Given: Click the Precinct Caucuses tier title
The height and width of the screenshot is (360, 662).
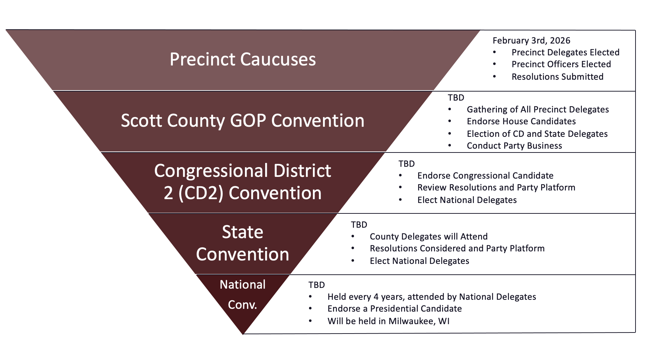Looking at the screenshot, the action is point(243,59).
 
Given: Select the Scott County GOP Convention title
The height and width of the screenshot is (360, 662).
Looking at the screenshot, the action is point(243,120).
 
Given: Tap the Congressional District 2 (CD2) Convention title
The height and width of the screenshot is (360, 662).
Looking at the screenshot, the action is point(243,182).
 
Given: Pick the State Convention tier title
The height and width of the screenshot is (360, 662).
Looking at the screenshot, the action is point(243,243).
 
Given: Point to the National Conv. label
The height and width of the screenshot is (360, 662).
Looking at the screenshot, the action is point(243,295).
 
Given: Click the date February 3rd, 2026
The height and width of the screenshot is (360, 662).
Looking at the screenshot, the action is point(531,41).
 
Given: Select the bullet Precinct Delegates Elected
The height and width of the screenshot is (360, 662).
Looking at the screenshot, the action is point(565,52).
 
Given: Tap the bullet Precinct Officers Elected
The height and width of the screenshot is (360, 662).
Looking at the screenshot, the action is point(561,64).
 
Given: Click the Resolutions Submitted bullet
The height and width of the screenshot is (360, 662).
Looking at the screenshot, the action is point(557,77).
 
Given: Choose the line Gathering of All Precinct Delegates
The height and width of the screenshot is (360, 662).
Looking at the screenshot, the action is point(538,109).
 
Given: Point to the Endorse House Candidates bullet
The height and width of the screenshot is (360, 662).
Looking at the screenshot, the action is point(521,121).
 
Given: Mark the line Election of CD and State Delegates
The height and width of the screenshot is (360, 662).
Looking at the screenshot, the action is point(537,134).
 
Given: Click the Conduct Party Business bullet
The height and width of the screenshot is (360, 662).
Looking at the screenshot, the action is point(514,146).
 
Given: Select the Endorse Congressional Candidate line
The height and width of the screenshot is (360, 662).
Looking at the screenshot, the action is point(485,175).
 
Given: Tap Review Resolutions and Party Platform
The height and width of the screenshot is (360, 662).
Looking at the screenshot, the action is point(496,187).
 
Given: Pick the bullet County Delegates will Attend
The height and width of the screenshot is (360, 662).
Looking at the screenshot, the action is point(429,236).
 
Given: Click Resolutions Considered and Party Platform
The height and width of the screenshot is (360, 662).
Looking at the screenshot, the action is point(457,248).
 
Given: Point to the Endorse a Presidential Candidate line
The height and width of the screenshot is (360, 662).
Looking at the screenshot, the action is point(394,308).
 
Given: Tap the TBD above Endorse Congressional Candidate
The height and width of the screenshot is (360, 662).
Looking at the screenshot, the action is point(407,164).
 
